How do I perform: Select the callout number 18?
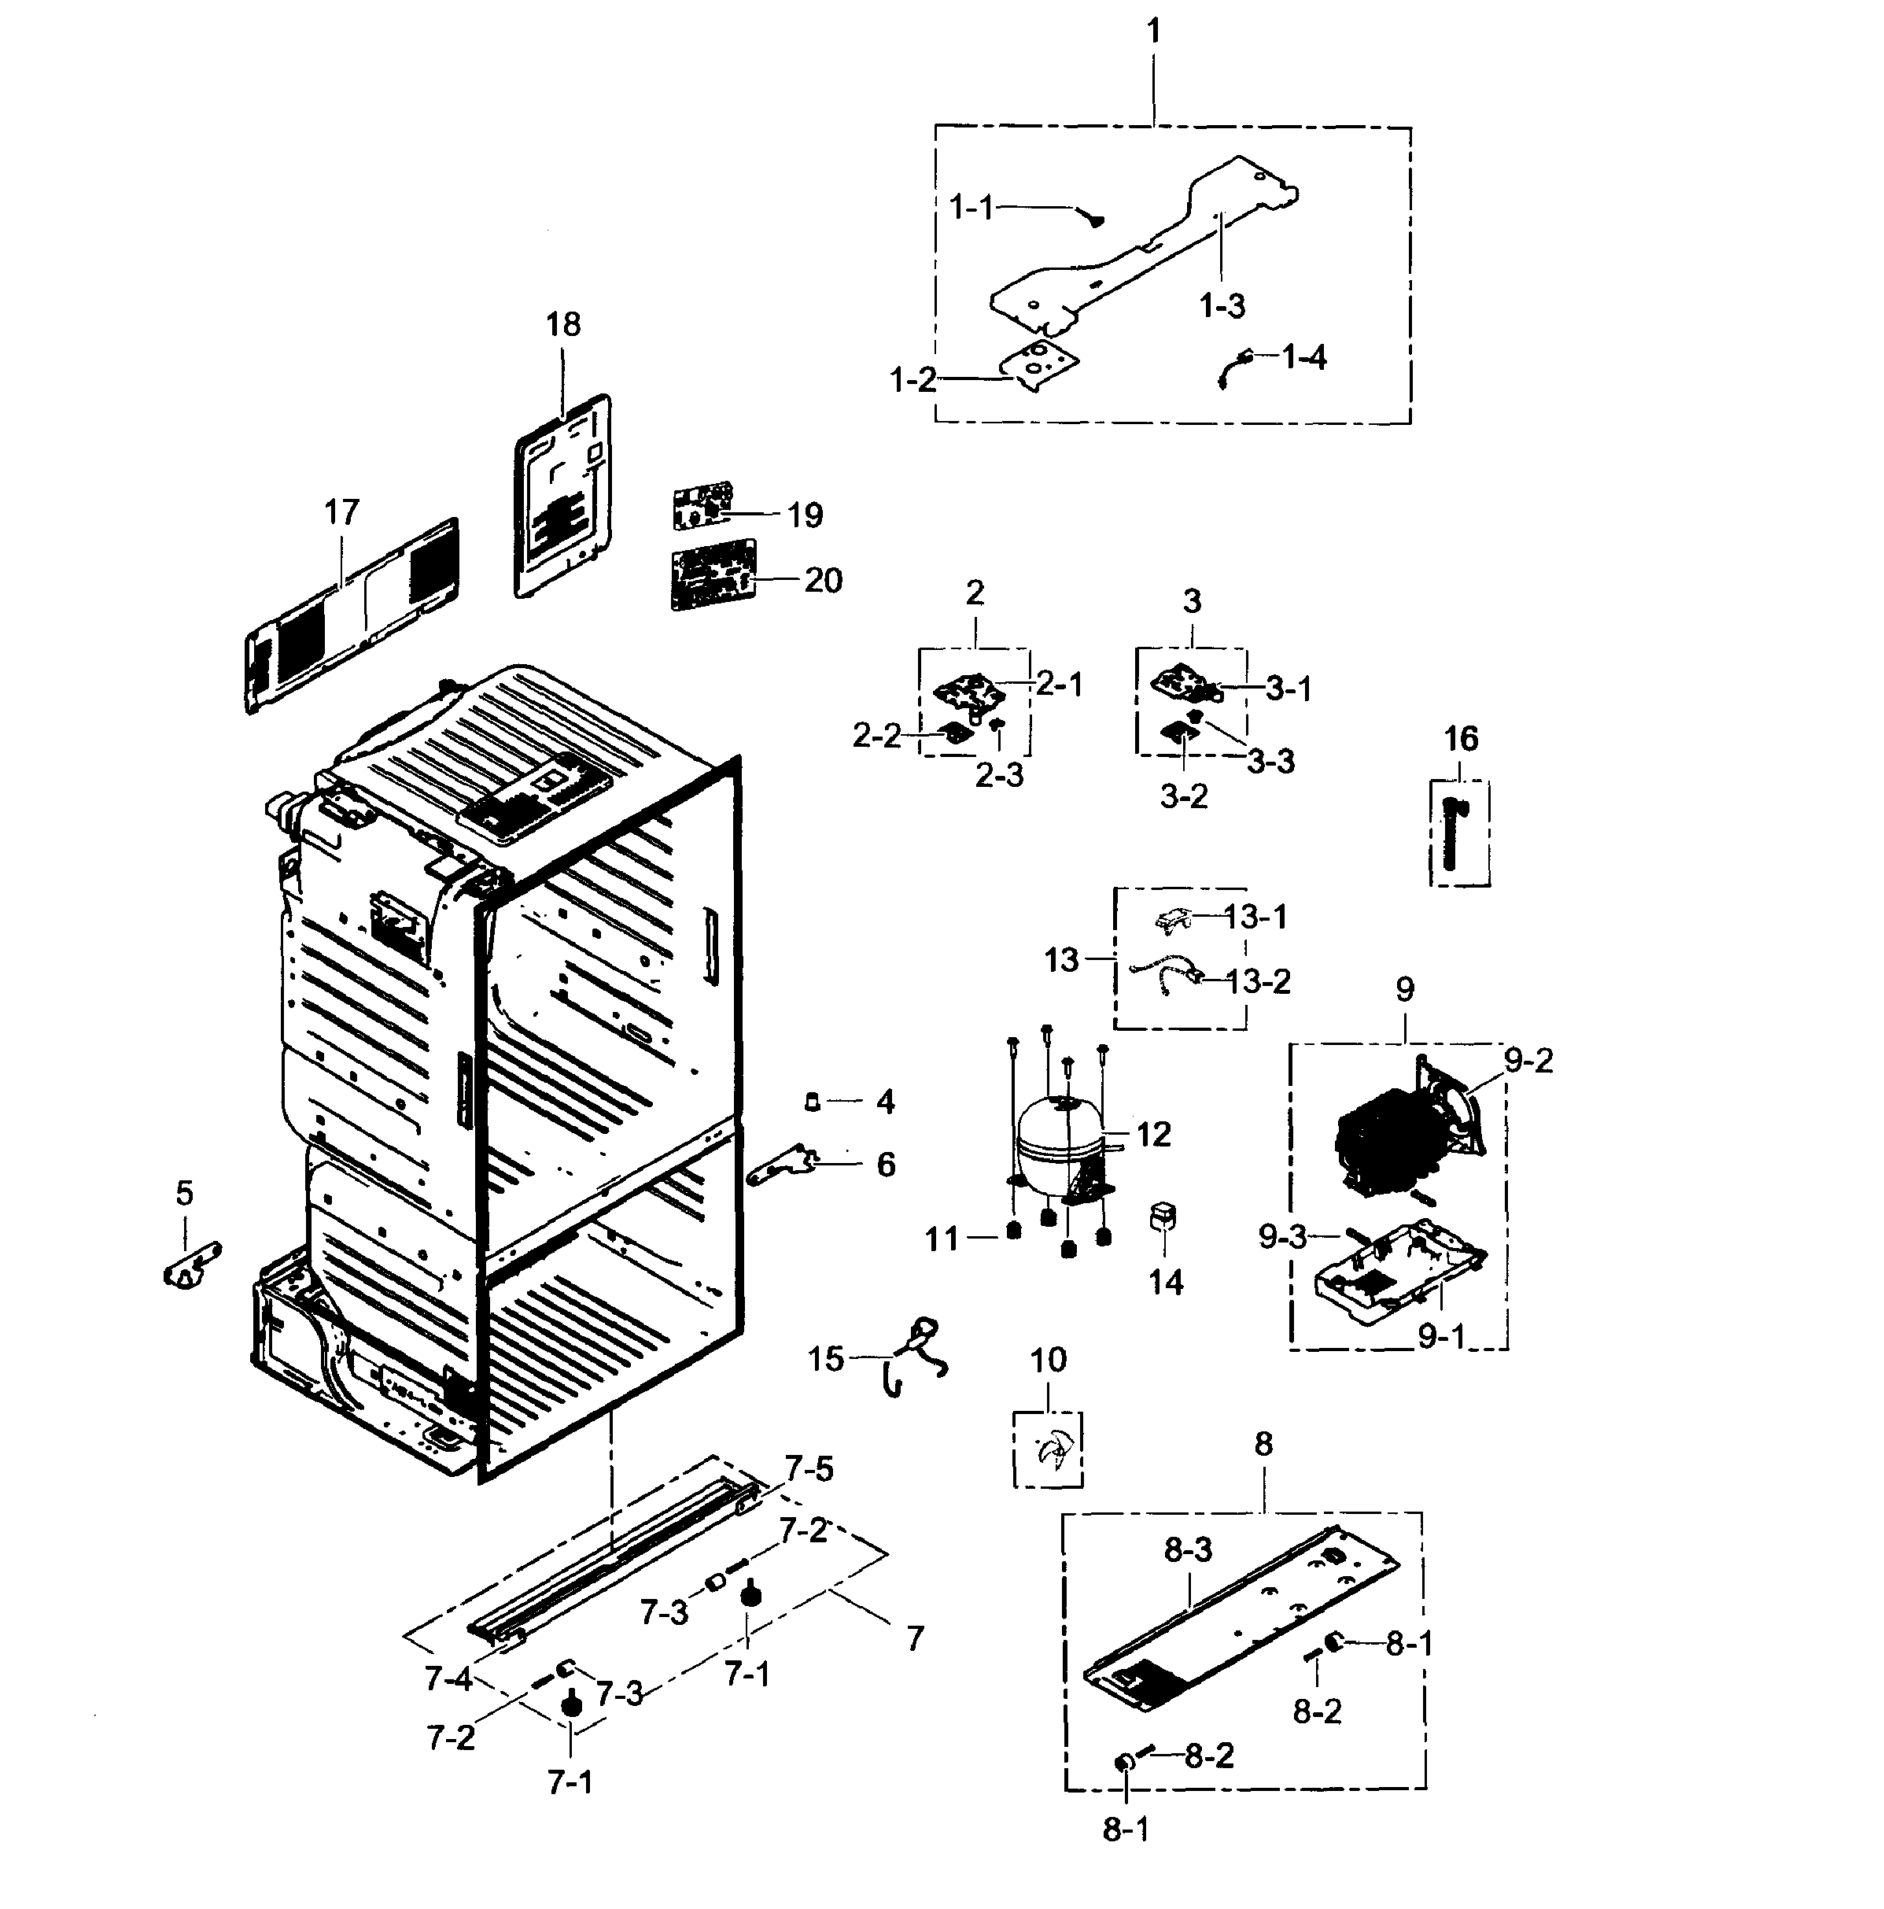click(x=563, y=324)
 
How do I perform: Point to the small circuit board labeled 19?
click(x=702, y=505)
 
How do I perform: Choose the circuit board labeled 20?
click(x=713, y=574)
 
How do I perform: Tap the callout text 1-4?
click(x=1304, y=356)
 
